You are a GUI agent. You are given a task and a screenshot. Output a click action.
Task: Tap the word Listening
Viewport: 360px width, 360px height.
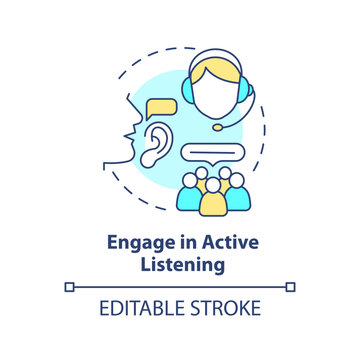click(x=180, y=266)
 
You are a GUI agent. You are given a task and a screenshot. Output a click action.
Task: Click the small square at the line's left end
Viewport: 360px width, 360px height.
click(x=69, y=287)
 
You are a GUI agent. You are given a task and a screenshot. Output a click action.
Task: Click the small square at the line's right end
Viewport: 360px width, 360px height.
click(x=291, y=287)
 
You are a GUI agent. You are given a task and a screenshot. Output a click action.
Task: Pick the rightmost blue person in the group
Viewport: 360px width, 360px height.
click(x=239, y=195)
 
